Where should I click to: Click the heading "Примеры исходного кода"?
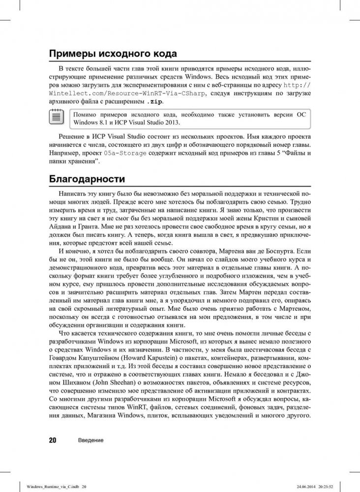[x=113, y=54]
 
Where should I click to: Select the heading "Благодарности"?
[x=87, y=178]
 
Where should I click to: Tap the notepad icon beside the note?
[x=56, y=117]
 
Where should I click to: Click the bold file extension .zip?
[x=154, y=102]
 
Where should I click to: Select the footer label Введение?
[x=90, y=440]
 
